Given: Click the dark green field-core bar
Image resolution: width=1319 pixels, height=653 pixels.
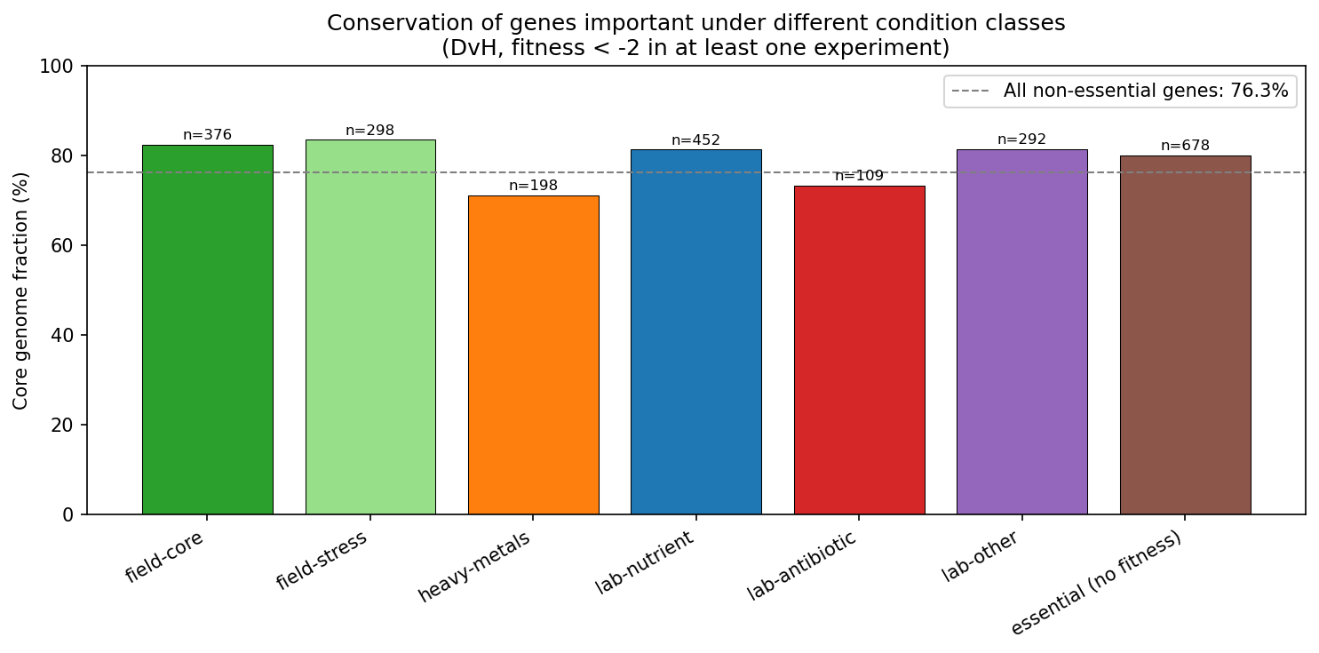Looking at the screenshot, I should [207, 330].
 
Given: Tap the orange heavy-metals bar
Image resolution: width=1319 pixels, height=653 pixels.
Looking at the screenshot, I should [533, 355].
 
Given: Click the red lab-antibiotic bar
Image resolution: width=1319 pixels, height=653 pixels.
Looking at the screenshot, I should [859, 350].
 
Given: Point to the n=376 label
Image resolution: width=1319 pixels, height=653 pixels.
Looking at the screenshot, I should [207, 135].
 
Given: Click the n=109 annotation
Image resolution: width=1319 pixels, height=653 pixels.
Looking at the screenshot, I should [859, 176].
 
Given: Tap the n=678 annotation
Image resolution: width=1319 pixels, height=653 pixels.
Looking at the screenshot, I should [1185, 146].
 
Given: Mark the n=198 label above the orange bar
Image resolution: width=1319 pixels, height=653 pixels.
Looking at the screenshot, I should [533, 186].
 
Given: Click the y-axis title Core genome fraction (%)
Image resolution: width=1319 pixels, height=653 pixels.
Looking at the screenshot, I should [20, 291].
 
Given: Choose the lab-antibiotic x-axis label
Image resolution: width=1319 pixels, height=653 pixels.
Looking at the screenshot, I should [802, 565].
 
